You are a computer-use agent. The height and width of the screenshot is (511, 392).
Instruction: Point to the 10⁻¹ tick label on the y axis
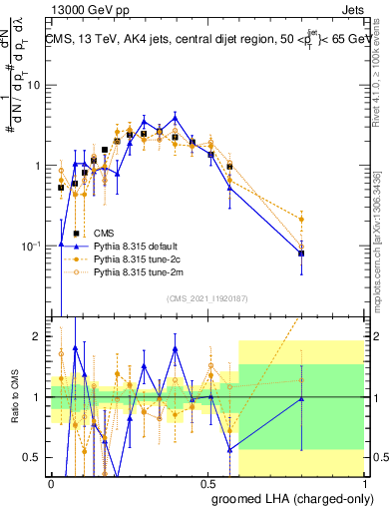click(x=34, y=245)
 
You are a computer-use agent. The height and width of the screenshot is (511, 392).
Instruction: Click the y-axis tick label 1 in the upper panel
click(x=41, y=166)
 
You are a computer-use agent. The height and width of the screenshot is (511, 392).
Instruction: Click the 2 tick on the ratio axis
click(x=41, y=337)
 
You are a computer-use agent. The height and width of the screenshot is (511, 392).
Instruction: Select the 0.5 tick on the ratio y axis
click(x=36, y=458)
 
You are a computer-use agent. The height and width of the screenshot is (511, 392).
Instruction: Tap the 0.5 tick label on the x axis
click(x=207, y=482)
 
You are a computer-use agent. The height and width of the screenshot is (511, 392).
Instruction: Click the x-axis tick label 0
click(x=51, y=482)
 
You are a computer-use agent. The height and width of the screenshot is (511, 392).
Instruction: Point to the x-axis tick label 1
click(x=364, y=482)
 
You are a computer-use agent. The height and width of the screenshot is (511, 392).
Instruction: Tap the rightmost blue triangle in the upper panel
click(x=301, y=254)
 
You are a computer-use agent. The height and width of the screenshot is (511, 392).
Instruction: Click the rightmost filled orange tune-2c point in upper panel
click(x=301, y=220)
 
